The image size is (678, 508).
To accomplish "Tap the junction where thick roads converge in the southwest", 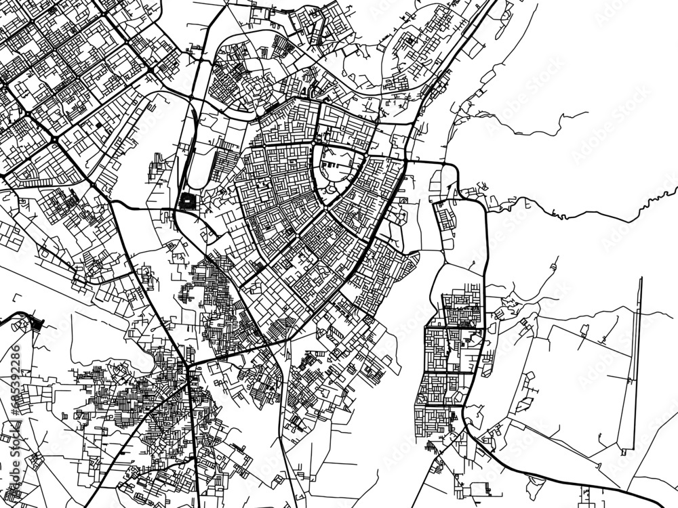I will click(x=188, y=366).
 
